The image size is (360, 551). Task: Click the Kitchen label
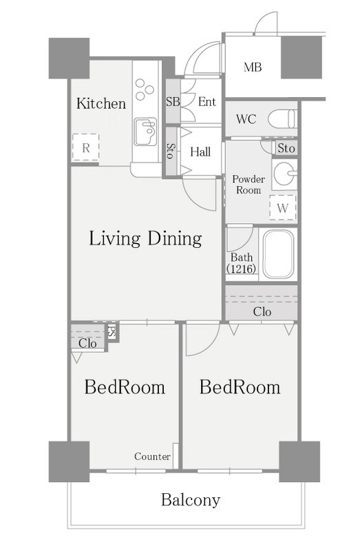(101, 104)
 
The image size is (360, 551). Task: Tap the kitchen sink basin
(145, 132)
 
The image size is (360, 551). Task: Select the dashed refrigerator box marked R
(85, 147)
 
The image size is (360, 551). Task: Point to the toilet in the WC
(282, 118)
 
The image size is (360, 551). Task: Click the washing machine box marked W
(283, 208)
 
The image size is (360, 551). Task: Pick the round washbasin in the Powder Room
(284, 173)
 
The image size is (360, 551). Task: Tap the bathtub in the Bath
(278, 253)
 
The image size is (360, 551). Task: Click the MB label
(253, 67)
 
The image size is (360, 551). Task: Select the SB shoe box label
(173, 102)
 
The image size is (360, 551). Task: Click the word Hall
(200, 152)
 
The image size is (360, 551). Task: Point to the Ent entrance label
(207, 102)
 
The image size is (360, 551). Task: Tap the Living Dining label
(145, 238)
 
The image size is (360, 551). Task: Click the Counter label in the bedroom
(152, 457)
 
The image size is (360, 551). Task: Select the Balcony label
(191, 500)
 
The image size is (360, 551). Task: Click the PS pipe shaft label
(112, 332)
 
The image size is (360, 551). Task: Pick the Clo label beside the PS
(87, 343)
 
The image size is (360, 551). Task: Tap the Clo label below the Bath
(262, 311)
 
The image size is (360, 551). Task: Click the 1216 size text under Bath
(242, 269)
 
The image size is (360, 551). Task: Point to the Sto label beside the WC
(286, 148)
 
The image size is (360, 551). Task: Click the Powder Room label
(248, 185)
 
